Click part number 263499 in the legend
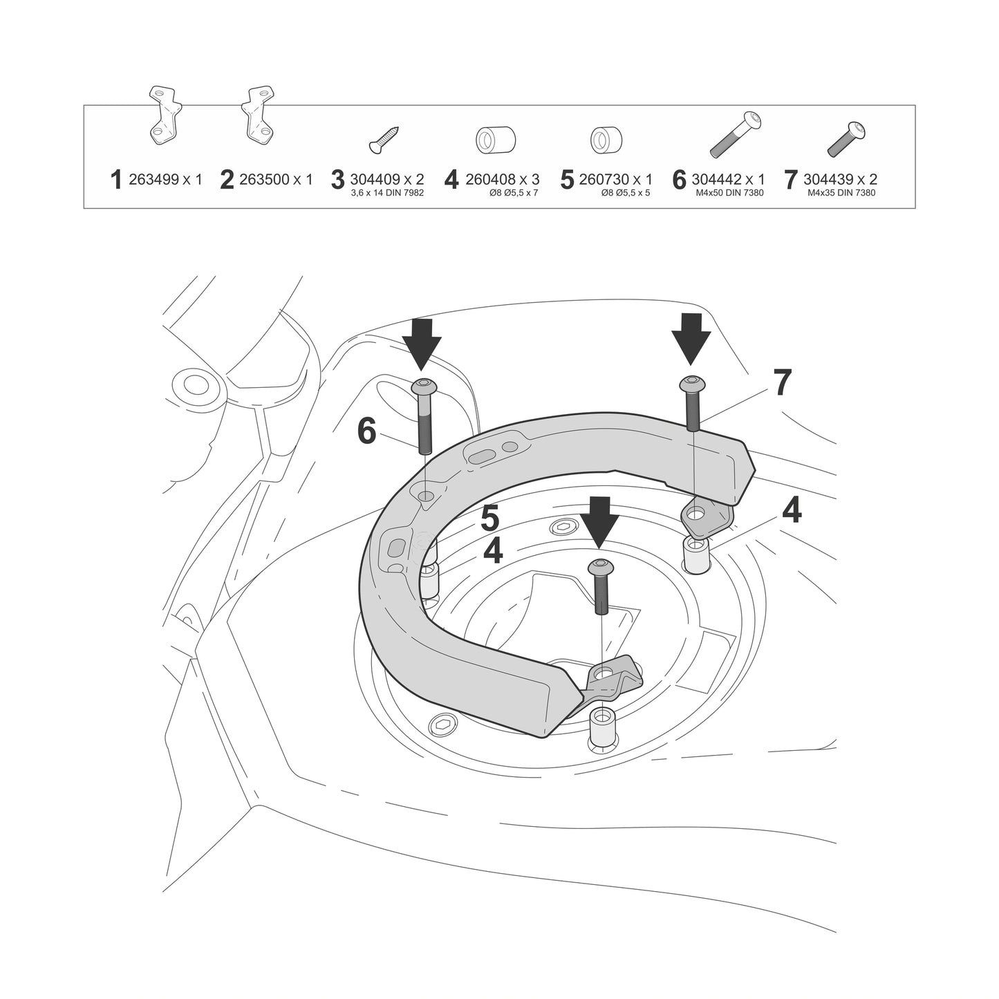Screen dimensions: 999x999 click(x=154, y=179)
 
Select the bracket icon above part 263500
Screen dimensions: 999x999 click(x=258, y=114)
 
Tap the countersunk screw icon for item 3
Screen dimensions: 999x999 click(x=384, y=140)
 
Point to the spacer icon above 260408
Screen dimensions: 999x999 click(x=496, y=140)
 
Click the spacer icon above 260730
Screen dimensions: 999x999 click(x=606, y=140)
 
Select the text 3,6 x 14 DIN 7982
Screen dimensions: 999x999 click(x=387, y=193)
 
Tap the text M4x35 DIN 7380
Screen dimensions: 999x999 click(x=841, y=193)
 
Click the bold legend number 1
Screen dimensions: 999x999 click(x=116, y=180)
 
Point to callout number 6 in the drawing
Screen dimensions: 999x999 click(x=366, y=432)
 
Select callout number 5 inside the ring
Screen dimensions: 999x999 click(x=490, y=519)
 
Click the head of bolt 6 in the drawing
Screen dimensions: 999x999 click(x=424, y=386)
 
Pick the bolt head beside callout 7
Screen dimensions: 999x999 click(x=692, y=383)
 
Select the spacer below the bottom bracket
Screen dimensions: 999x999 click(x=600, y=727)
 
